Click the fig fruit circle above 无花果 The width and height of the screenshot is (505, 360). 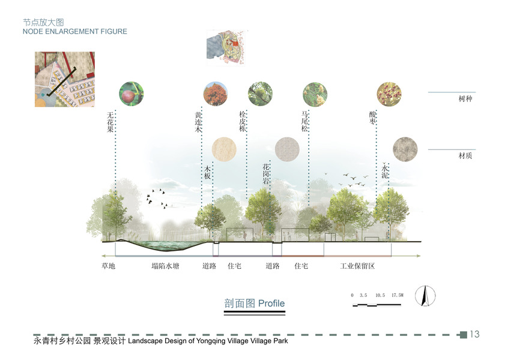pyautogui.click(x=132, y=94)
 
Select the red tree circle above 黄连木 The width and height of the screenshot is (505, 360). pyautogui.click(x=216, y=94)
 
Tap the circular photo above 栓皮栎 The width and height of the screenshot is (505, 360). pyautogui.click(x=260, y=94)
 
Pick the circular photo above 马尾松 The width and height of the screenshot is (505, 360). pyautogui.click(x=315, y=94)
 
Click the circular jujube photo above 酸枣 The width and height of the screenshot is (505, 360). pyautogui.click(x=389, y=94)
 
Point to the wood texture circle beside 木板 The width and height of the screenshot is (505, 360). pyautogui.click(x=224, y=149)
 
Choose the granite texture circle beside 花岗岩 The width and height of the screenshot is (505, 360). pyautogui.click(x=286, y=149)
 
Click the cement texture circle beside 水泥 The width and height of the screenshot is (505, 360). pyautogui.click(x=405, y=149)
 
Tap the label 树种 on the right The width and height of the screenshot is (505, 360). pyautogui.click(x=465, y=98)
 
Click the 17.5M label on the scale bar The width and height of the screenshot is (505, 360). pyautogui.click(x=398, y=295)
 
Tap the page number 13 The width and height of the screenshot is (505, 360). pyautogui.click(x=474, y=334)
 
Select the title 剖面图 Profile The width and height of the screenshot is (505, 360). pyautogui.click(x=254, y=304)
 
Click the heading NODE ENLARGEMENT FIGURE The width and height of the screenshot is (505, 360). pyautogui.click(x=75, y=31)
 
